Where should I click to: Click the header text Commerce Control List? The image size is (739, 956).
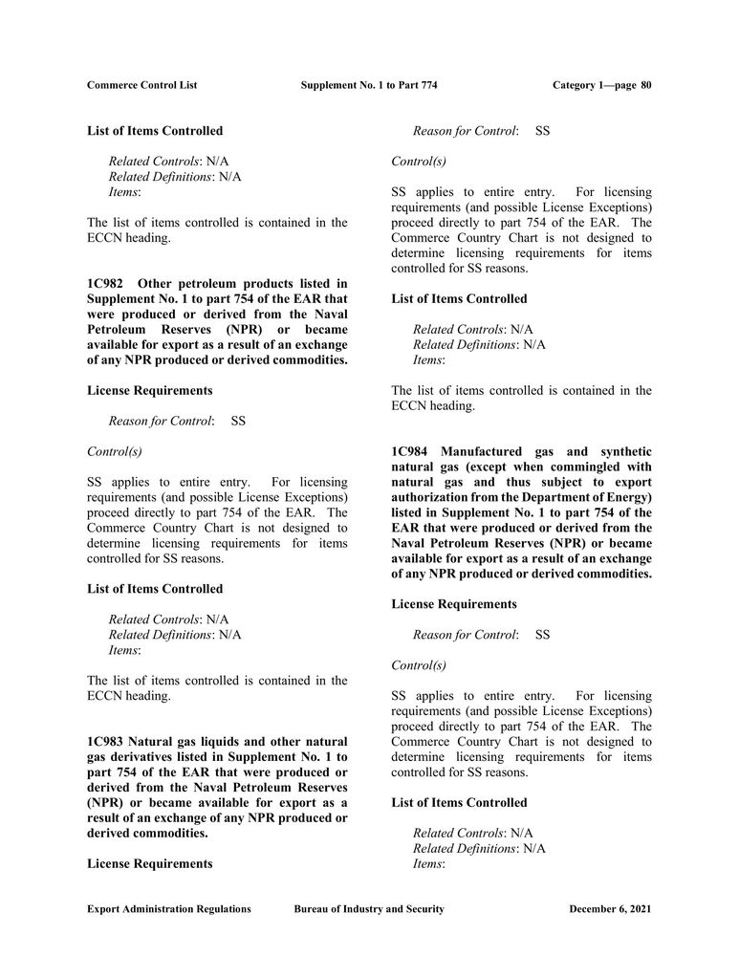tap(141, 85)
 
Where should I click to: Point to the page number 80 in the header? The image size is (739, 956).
tap(646, 85)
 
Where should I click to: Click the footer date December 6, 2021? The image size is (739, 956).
tap(610, 909)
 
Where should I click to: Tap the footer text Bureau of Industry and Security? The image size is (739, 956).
tap(369, 909)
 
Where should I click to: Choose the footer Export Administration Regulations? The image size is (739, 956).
tap(169, 909)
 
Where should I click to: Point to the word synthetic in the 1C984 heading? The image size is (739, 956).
tap(622, 451)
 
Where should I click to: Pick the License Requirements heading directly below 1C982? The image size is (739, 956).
tap(150, 390)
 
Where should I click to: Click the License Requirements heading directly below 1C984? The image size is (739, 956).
tap(454, 604)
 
